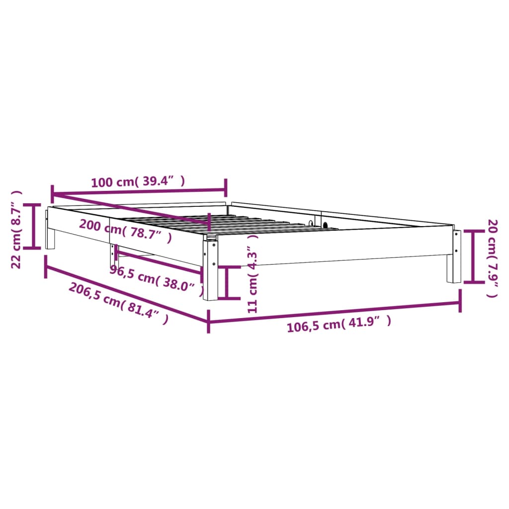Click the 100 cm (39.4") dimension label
tap(138, 181)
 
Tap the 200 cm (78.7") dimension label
tap(125, 230)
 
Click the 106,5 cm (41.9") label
tap(339, 324)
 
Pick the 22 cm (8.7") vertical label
tap(16, 230)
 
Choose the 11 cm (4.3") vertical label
tap(253, 274)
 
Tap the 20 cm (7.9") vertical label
tap(493, 258)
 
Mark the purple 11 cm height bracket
tap(227, 282)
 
